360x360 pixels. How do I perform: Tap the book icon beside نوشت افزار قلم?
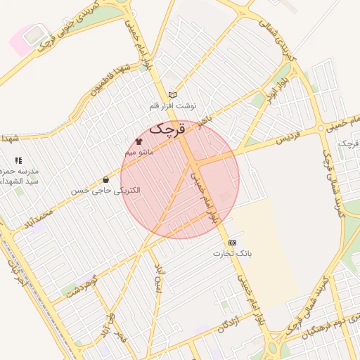(172, 95)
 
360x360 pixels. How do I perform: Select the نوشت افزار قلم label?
(173, 105)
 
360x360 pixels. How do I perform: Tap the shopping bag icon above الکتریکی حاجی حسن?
(105, 180)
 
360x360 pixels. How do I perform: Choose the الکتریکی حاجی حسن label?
(106, 191)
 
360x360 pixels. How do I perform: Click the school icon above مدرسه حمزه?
(18, 161)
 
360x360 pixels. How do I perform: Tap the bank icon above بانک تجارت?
(233, 243)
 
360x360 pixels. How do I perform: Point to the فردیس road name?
(287, 134)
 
